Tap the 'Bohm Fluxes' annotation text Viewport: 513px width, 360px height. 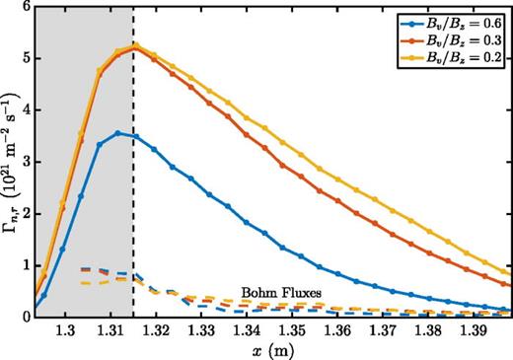tap(273, 293)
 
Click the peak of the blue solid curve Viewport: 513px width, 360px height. tap(117, 133)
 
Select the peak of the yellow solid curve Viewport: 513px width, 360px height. tap(135, 44)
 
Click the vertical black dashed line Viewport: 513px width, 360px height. tap(134, 197)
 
